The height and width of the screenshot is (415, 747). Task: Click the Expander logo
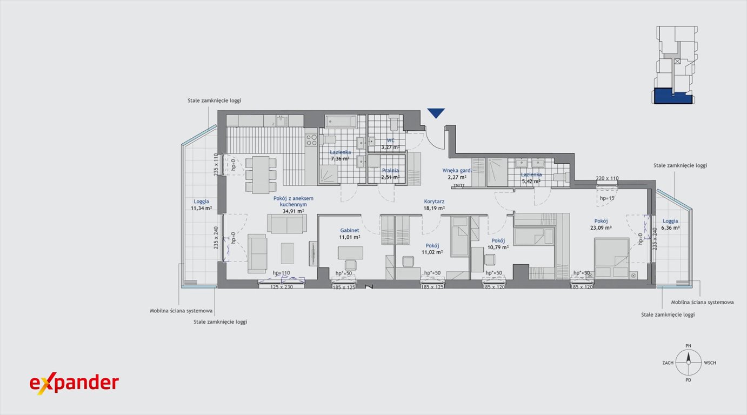[x=74, y=384]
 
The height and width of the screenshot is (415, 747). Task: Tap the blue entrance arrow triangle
[x=436, y=112]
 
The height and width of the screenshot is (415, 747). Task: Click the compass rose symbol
[x=688, y=363]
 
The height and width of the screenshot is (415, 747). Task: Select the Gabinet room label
[x=350, y=230]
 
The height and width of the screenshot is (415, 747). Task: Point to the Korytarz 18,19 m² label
[x=434, y=204]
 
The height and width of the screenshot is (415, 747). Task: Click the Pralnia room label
[x=390, y=170]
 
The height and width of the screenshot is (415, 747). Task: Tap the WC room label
[x=390, y=140]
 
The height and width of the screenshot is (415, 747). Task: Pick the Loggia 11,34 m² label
[x=201, y=204]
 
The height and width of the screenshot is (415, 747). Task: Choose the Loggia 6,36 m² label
[x=670, y=224]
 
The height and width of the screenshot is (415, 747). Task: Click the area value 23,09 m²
[x=601, y=228]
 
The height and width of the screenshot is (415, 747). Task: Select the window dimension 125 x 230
[x=281, y=286]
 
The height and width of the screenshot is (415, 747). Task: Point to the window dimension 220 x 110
[x=607, y=178]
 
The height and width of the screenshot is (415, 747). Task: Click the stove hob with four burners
[x=311, y=140]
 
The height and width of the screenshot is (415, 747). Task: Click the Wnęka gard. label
[x=457, y=170]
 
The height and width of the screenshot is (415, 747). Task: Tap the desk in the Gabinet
[x=350, y=252]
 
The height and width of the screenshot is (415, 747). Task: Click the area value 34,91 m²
[x=292, y=211]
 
